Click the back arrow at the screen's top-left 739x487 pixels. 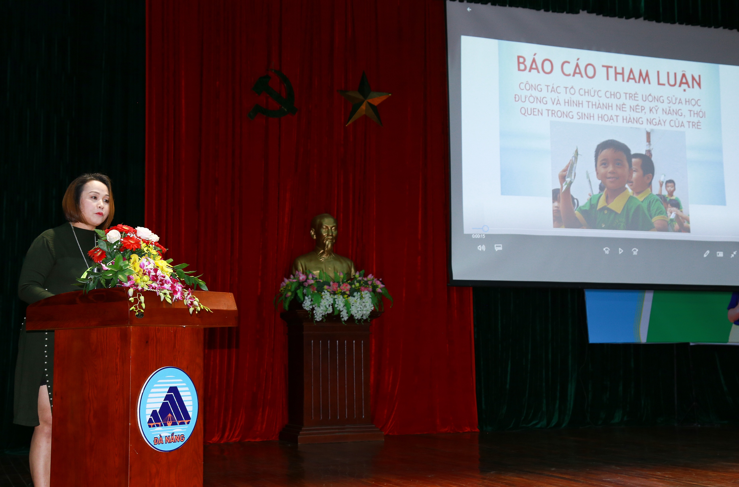tap(469, 10)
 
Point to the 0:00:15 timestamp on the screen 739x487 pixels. tap(479, 236)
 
